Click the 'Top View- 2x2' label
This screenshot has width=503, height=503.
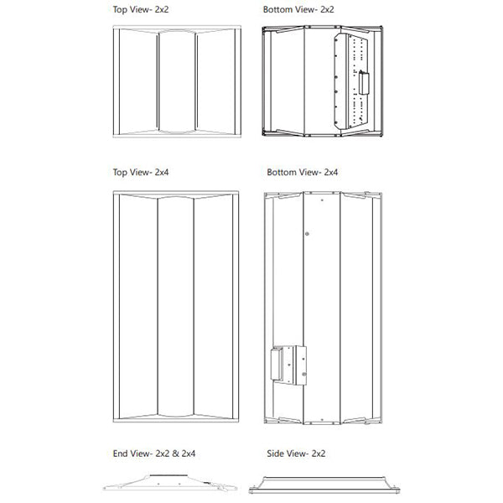pyautogui.click(x=139, y=11)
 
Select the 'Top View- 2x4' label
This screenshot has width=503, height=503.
pyautogui.click(x=139, y=172)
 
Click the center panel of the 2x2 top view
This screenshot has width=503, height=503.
pyautogui.click(x=176, y=82)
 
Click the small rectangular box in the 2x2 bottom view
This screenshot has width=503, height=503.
pyautogui.click(x=366, y=85)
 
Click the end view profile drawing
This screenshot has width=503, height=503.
pyautogui.click(x=170, y=484)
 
